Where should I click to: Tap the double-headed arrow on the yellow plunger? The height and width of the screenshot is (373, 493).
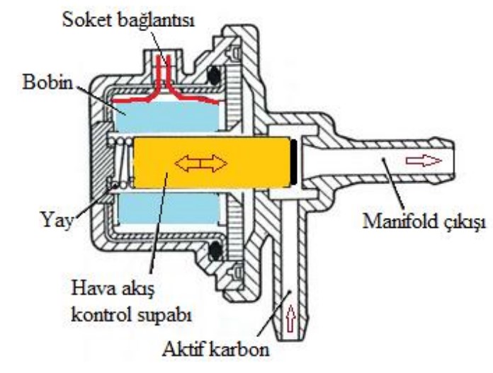coord(202,163)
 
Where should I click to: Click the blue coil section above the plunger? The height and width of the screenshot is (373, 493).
coord(170,113)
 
